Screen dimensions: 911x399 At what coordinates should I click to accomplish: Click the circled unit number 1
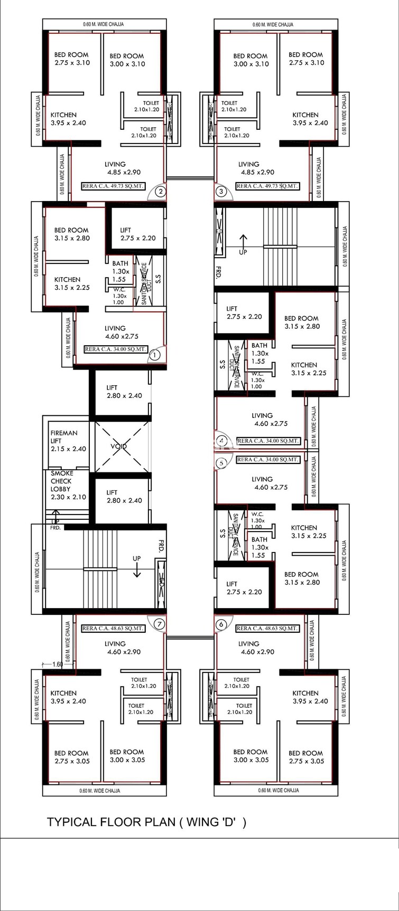click(154, 356)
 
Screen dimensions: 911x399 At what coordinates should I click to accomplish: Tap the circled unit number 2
click(161, 192)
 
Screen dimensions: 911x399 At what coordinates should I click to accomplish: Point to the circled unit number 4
click(221, 441)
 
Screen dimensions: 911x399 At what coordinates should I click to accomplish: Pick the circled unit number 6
click(221, 624)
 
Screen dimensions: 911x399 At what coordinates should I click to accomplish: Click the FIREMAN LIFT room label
click(64, 441)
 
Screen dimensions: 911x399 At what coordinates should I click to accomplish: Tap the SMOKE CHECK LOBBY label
click(68, 485)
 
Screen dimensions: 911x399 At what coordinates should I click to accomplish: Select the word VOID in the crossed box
click(119, 447)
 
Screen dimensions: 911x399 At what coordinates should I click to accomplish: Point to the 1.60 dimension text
click(58, 665)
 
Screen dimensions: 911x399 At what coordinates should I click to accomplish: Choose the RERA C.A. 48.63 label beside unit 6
click(267, 628)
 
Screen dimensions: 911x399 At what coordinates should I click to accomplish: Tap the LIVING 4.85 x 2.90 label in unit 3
click(256, 168)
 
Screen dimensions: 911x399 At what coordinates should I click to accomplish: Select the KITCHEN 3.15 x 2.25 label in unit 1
click(72, 283)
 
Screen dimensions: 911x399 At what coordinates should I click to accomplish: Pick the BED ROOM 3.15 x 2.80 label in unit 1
click(72, 234)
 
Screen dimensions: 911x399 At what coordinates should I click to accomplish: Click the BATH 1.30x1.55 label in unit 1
click(120, 271)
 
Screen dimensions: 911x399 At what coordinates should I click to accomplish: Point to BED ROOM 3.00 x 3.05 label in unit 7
click(126, 756)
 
